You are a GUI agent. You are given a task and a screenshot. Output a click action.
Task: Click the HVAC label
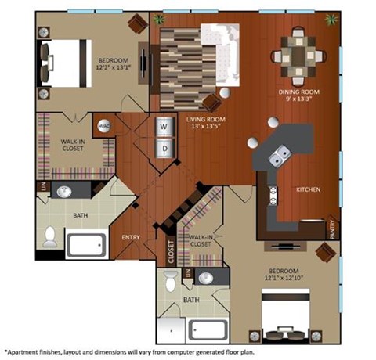(x=103, y=124)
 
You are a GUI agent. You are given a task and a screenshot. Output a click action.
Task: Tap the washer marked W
(x=164, y=126)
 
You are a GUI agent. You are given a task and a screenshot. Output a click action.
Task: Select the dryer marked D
(x=164, y=148)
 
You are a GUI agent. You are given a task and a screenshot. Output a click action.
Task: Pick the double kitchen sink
(x=277, y=160)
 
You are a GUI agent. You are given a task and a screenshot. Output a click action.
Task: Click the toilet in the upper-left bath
(x=50, y=234)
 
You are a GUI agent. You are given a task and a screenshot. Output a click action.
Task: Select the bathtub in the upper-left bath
(x=89, y=244)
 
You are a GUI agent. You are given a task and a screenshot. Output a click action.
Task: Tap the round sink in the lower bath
(x=206, y=277)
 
